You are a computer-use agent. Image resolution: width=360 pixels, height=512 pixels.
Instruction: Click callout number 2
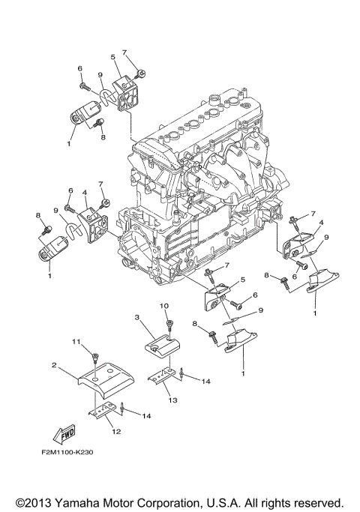[x=54, y=365]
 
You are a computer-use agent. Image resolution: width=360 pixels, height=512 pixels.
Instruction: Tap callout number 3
[x=138, y=318]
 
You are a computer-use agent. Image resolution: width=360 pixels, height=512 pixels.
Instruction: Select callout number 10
[x=165, y=307]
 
